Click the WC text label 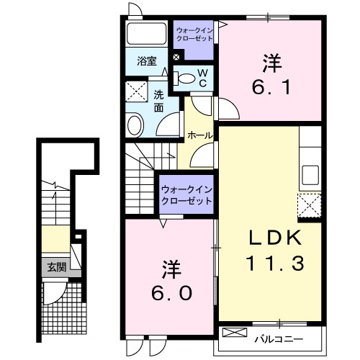point(203,78)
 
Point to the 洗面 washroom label point(159,99)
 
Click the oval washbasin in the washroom point(135,127)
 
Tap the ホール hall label point(198,135)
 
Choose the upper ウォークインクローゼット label point(194,34)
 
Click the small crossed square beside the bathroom point(176,56)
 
